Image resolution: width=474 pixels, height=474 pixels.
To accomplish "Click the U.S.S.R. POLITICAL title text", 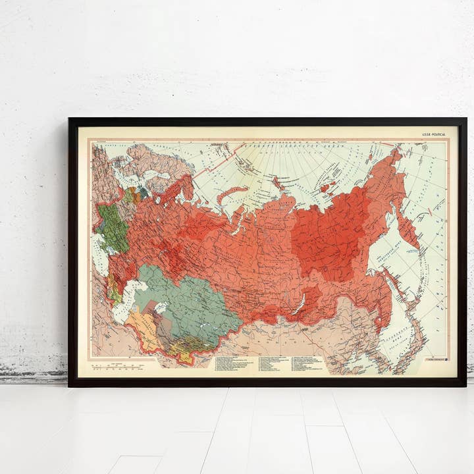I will coord(434,134).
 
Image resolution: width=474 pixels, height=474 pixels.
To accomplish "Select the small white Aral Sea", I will coord(159,307).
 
